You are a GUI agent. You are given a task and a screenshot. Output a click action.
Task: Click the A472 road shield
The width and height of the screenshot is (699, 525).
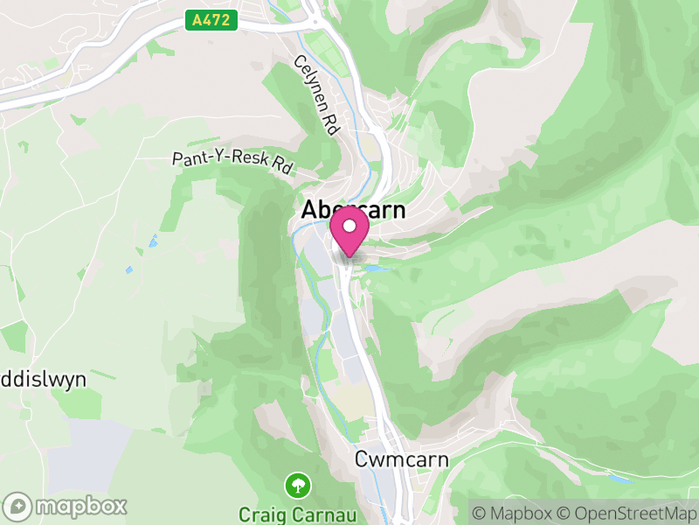212,19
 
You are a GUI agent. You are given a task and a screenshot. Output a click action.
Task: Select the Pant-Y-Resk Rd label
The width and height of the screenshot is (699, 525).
232,161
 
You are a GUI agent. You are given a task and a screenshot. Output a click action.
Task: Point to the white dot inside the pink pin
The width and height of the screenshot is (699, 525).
349,227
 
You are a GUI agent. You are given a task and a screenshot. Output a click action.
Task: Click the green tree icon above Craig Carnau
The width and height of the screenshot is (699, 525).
299,484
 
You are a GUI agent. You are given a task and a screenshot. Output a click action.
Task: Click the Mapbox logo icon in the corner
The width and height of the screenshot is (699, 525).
18,507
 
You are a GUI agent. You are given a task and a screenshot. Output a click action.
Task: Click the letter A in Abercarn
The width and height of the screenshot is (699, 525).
308,211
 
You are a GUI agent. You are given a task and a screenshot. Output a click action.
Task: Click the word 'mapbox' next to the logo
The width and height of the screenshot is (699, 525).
80,507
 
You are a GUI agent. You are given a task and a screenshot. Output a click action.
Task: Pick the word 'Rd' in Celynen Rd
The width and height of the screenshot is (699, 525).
329,122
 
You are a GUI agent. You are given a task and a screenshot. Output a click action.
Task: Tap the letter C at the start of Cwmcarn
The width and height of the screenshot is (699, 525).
362,458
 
